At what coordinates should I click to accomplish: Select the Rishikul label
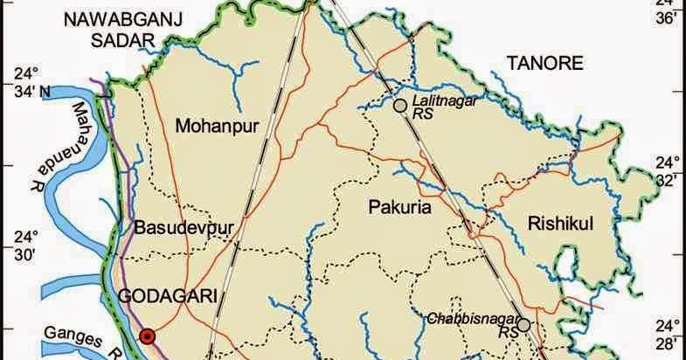pos(561,225)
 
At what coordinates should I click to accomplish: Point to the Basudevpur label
pos(184,229)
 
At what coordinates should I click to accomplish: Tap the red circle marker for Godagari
pos(148,335)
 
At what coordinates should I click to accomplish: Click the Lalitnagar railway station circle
pos(399,106)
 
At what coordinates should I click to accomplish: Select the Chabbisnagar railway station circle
pos(523,326)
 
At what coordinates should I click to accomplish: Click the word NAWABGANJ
pos(108,18)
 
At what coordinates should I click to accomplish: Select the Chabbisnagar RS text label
pos(477,325)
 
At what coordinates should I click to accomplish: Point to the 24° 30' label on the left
pos(30,246)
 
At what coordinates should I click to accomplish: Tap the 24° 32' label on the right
pos(668,173)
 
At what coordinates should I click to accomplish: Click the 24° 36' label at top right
pos(669,10)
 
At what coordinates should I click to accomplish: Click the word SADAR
pos(122,39)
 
